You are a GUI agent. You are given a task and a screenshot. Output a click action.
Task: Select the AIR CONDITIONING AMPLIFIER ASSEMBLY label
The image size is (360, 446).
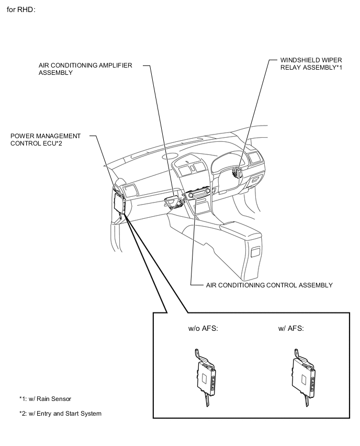(85, 69)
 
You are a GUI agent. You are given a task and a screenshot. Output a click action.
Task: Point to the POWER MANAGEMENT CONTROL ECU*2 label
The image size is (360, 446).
(46, 140)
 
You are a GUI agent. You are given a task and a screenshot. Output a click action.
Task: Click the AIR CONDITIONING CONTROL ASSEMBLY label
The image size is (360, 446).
(269, 285)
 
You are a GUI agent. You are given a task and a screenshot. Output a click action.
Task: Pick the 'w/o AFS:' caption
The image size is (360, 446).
(203, 329)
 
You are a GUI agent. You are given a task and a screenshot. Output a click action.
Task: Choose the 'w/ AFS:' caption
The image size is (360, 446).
(291, 329)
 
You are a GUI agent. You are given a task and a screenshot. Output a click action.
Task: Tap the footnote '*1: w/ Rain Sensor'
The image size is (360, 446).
(45, 399)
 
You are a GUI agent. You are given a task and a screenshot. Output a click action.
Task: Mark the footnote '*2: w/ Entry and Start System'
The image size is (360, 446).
(60, 414)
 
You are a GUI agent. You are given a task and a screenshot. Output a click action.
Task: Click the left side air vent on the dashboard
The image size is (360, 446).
(129, 189)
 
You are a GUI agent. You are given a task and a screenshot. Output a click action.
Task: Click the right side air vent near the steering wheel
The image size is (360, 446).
(256, 158)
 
